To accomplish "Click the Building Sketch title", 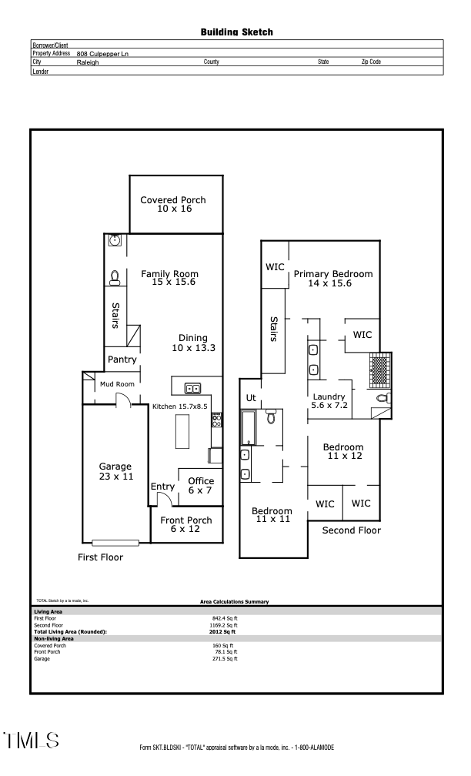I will [x=236, y=32].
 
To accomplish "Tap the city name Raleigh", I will [x=88, y=62].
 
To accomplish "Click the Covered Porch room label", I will [x=173, y=204].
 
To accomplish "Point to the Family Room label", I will [x=169, y=278].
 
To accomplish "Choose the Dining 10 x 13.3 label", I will [x=193, y=343].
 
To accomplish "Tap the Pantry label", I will [x=122, y=360].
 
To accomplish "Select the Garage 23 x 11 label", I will [x=115, y=471].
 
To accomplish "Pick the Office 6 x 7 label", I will [x=201, y=486].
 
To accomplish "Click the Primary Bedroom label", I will [x=332, y=278].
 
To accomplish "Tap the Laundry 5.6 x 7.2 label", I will [x=329, y=401].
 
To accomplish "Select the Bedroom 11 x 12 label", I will [x=343, y=452].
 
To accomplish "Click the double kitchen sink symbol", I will [x=192, y=388].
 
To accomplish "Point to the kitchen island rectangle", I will [x=183, y=431].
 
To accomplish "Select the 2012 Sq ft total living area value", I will [x=225, y=631].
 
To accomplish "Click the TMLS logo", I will [x=32, y=741].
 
